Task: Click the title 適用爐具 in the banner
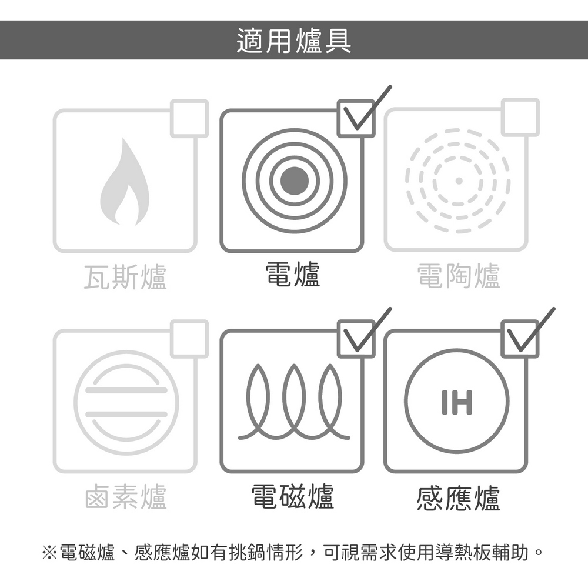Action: (294, 40)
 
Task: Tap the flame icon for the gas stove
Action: (125, 182)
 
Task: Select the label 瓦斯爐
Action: (125, 276)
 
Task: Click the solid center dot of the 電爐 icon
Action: (295, 181)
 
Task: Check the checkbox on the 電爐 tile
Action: (356, 119)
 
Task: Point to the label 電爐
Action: (293, 275)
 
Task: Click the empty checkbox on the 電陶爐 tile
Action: (520, 118)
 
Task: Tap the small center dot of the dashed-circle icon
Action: (458, 181)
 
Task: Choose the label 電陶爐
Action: (459, 276)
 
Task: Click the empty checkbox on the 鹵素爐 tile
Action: (189, 339)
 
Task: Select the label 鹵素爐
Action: (125, 496)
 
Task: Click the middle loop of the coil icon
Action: (295, 400)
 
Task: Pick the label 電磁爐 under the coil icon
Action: (292, 496)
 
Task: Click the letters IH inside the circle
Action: (457, 402)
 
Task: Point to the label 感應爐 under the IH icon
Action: (458, 497)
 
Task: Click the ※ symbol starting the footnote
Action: (49, 552)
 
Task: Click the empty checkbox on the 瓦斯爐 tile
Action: (189, 119)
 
